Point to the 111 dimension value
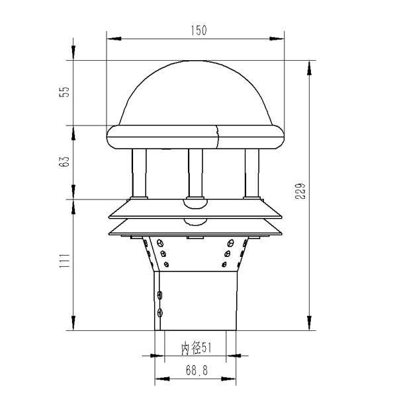click(x=64, y=264)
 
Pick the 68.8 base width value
click(x=196, y=371)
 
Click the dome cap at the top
click(x=197, y=92)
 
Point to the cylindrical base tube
click(x=196, y=301)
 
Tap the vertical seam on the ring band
click(x=218, y=136)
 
